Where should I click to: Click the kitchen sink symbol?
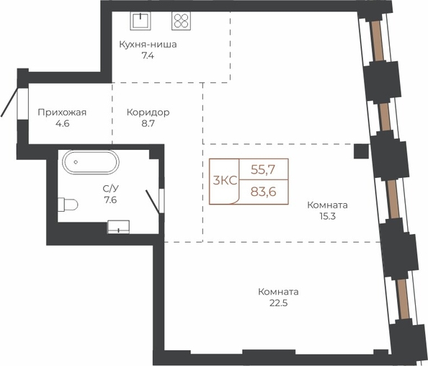141,21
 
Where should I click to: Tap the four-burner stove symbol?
182,21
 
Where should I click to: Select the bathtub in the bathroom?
91,162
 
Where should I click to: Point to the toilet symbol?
68,205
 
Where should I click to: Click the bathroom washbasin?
118,227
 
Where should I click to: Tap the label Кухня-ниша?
148,44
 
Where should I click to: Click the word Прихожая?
62,112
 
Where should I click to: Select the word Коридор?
148,112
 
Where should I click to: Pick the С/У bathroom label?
110,188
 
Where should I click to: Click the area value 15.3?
327,216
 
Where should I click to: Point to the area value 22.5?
278,303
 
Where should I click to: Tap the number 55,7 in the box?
263,170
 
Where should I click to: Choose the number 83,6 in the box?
263,192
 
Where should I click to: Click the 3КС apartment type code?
225,181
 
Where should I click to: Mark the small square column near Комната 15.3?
362,151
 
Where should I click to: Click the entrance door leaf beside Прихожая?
9,102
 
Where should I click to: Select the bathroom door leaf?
153,202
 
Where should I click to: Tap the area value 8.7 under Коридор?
148,123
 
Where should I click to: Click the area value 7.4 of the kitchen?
148,55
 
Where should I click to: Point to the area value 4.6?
62,123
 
